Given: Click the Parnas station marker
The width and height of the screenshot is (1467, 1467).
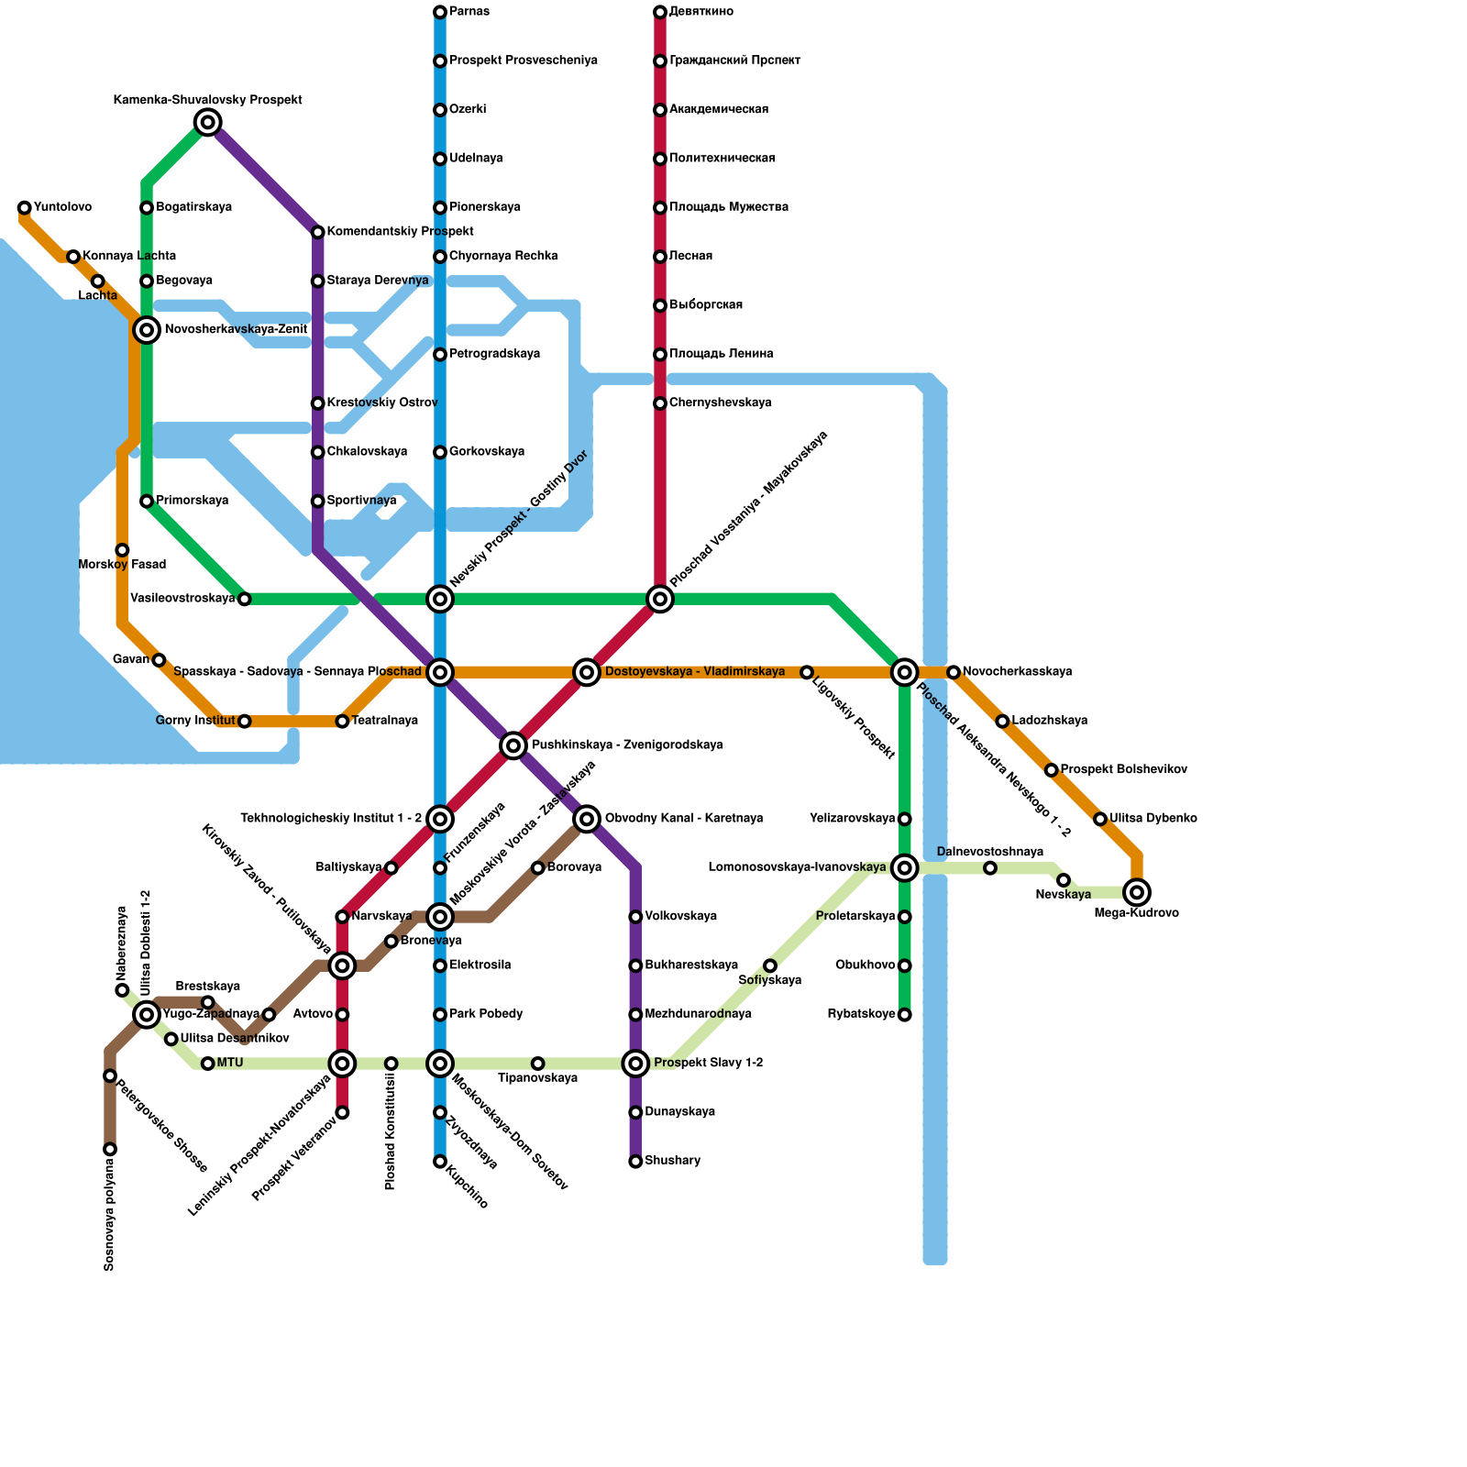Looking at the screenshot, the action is [440, 12].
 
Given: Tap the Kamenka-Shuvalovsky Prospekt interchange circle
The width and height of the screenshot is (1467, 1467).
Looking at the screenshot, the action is [208, 122].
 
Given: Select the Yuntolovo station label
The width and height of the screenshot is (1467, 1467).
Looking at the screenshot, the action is [62, 207].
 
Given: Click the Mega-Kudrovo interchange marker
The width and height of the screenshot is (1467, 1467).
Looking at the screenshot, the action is [1137, 891].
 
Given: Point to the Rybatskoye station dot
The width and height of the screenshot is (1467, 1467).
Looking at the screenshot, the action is [905, 1015].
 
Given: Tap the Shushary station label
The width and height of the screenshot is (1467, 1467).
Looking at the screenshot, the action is [672, 1161].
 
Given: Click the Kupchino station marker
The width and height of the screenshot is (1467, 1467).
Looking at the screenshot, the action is [440, 1162].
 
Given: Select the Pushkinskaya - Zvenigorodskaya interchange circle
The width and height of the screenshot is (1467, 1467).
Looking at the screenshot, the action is [513, 745].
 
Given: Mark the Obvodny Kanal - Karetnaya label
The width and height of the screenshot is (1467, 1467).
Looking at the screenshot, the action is [683, 819].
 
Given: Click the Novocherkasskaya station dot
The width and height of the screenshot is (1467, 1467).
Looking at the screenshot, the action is [954, 672].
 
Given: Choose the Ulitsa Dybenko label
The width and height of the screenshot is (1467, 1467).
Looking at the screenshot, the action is [1153, 819].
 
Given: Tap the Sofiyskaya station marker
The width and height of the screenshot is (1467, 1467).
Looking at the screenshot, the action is [770, 965].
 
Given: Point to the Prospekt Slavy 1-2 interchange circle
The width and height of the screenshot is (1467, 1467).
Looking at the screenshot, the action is [635, 1064].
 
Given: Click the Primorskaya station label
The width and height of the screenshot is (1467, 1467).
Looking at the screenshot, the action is [192, 501].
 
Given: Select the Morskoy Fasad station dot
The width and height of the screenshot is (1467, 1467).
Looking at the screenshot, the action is [122, 550].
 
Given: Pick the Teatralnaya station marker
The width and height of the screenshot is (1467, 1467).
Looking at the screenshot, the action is [342, 722].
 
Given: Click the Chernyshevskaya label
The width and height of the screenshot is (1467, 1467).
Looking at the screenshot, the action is [720, 403].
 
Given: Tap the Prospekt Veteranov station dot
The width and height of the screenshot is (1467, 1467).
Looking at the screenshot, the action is [342, 1113].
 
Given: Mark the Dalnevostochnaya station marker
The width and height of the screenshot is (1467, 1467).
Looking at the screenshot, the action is [990, 868].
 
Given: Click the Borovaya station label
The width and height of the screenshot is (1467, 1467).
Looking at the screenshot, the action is [574, 867].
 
